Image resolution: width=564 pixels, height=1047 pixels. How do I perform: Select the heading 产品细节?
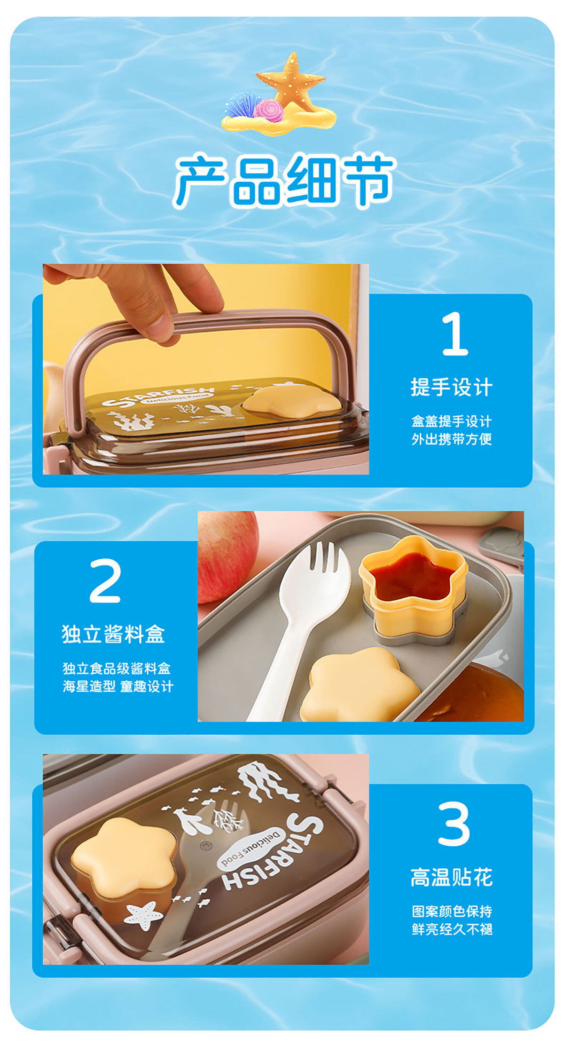point(284,181)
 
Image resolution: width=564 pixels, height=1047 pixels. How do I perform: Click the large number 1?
point(455,333)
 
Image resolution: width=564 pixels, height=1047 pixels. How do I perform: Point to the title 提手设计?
point(452,388)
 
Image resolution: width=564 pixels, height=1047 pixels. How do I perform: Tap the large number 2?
point(105,580)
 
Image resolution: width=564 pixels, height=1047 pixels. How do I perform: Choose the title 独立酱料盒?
point(113,634)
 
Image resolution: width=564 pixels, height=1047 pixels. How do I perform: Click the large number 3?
point(454,824)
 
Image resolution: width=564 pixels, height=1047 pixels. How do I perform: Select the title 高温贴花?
point(452,878)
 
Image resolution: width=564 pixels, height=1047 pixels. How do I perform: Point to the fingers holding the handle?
point(141,296)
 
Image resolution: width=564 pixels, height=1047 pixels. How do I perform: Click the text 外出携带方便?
point(452,439)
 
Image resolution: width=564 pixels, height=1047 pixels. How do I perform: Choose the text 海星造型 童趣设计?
point(118,686)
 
